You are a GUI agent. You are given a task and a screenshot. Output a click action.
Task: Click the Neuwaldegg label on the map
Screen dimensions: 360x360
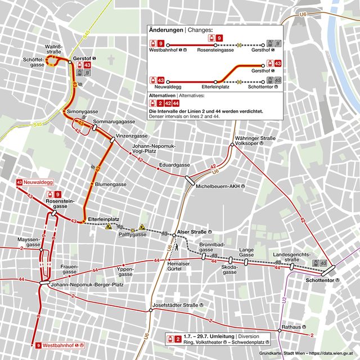click(x=38, y=182)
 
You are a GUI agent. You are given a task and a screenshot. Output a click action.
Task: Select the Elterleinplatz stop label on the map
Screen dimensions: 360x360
click(x=103, y=219)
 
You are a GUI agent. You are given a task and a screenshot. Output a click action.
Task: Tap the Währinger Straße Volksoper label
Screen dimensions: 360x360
click(x=255, y=140)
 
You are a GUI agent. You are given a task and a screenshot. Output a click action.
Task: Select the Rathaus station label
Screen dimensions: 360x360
click(x=292, y=326)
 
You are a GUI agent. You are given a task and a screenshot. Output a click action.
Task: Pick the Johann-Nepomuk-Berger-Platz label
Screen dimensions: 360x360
click(x=87, y=285)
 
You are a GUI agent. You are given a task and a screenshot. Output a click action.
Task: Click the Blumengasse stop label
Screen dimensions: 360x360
click(x=111, y=184)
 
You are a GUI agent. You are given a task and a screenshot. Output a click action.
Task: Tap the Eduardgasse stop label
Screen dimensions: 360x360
click(x=174, y=165)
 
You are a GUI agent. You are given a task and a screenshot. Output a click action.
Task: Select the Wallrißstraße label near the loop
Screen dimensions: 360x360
click(x=54, y=49)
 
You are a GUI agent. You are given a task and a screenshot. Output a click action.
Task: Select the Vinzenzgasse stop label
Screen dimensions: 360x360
click(x=132, y=136)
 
